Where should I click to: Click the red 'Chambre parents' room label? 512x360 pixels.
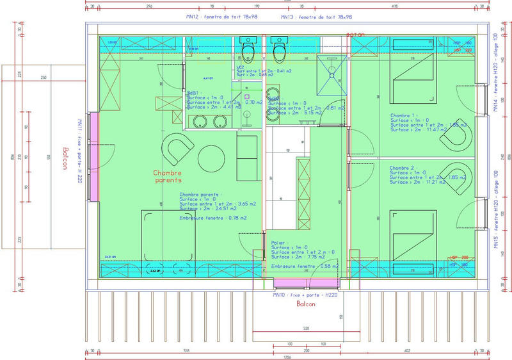click(168, 177)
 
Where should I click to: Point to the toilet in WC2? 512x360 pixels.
click(248, 48)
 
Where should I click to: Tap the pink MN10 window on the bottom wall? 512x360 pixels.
click(306, 282)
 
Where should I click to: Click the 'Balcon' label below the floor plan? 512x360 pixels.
click(305, 304)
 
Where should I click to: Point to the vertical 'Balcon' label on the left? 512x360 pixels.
click(65, 158)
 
